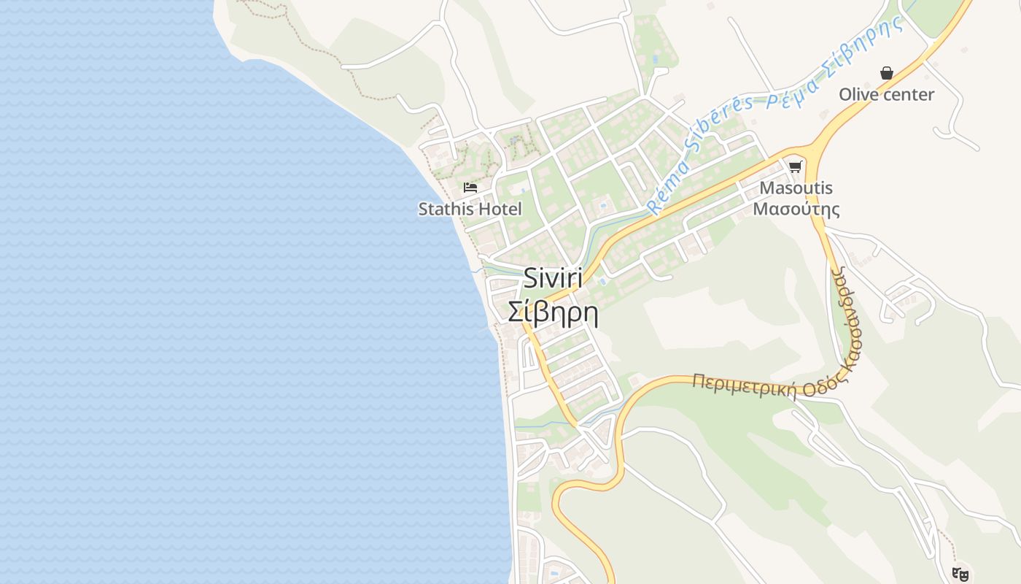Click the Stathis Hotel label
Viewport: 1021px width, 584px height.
(x=470, y=209)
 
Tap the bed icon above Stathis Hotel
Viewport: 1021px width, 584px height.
(x=470, y=188)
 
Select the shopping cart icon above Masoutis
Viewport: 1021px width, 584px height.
(x=795, y=166)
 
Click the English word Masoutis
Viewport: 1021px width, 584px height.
(x=796, y=188)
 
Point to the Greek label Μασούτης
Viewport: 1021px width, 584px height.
(x=796, y=210)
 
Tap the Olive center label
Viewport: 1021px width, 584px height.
(x=886, y=94)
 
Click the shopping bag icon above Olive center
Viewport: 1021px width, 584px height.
(x=886, y=73)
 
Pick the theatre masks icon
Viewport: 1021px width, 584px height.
(x=960, y=575)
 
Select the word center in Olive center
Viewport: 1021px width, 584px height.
(x=907, y=94)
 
